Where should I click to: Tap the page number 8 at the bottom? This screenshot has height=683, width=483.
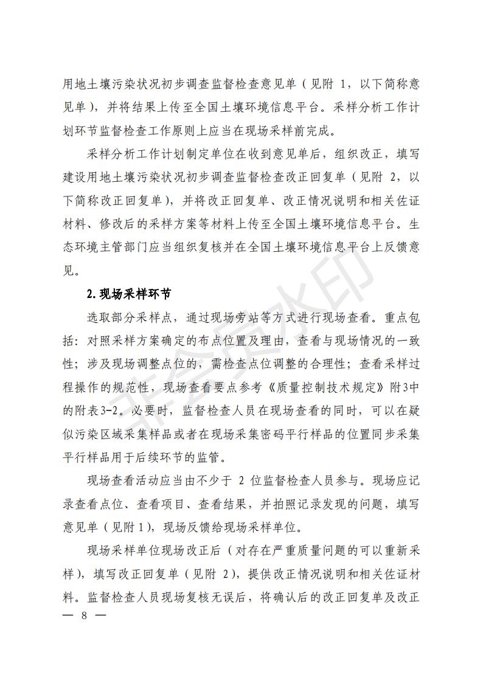click(85, 615)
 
